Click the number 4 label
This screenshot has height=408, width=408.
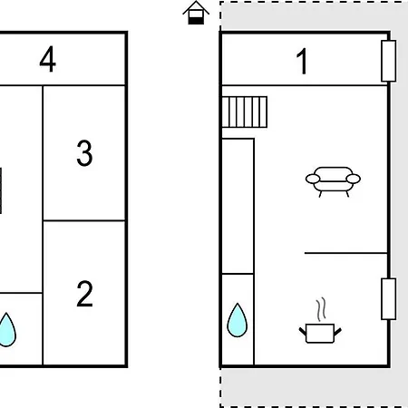tap(48, 59)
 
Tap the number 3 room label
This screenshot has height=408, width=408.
tap(84, 153)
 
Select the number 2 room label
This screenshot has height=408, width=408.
tap(84, 294)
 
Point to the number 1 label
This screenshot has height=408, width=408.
tap(302, 61)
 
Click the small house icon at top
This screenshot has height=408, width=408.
tap(196, 13)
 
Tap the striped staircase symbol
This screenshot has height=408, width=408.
tap(245, 112)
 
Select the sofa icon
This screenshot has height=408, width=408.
tap(333, 181)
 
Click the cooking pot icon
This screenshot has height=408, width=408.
tap(320, 333)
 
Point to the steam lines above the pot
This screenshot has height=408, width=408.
tap(322, 309)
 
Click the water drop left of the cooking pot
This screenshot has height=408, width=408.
tap(238, 321)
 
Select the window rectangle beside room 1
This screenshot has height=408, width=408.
tap(389, 61)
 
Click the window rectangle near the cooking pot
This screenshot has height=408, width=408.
tap(389, 299)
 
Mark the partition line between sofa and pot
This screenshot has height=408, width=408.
tap(345, 253)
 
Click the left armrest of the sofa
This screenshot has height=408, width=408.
tap(313, 179)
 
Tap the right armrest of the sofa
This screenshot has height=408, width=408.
tap(354, 179)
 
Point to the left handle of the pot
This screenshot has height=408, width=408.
tap(303, 331)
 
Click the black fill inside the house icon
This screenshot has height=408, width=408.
tap(196, 21)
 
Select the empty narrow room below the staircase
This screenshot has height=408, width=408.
tap(238, 206)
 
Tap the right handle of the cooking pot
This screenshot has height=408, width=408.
tap(338, 331)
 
